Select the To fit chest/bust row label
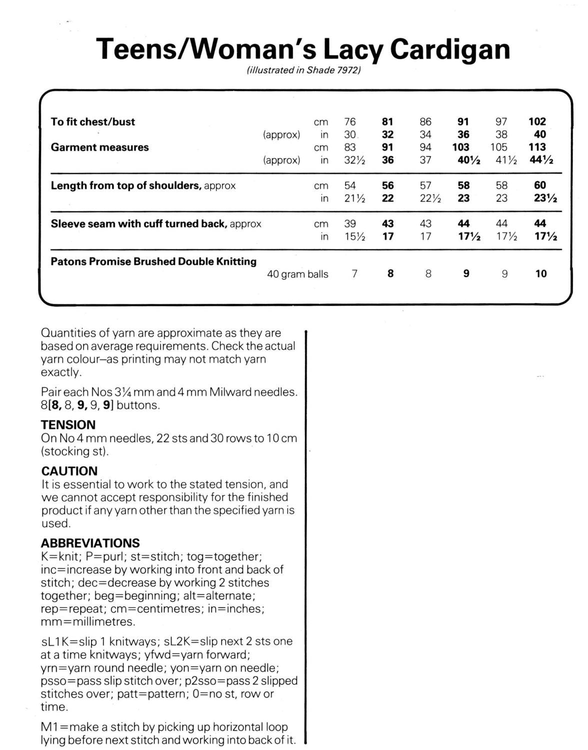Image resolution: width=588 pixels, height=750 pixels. point(93,121)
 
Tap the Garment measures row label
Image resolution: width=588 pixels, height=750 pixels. point(100,147)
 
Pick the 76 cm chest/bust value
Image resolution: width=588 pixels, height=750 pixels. point(350,121)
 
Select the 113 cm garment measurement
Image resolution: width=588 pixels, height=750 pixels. point(537,147)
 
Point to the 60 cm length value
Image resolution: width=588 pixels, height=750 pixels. point(540,185)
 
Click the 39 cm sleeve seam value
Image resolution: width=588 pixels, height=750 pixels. point(350,223)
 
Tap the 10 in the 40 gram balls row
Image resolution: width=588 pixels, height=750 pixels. point(541,274)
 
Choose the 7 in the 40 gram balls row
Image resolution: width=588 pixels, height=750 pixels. point(354,274)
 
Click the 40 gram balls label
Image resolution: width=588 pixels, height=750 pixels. point(297,274)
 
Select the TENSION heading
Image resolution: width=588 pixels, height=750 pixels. point(68,425)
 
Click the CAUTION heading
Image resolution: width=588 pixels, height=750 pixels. point(69,471)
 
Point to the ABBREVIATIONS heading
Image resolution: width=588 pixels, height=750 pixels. point(90,543)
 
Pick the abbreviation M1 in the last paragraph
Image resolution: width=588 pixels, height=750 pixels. point(48,727)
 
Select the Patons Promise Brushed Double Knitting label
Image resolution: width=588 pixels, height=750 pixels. point(153,261)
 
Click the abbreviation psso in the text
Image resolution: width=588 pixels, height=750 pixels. point(52,681)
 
